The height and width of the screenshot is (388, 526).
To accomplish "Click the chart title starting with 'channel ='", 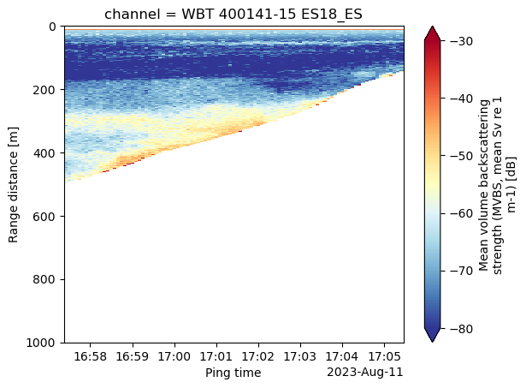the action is pyautogui.click(x=233, y=14).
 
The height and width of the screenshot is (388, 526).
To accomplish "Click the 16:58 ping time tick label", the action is pyautogui.click(x=91, y=356).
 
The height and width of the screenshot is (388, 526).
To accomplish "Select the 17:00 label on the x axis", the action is pyautogui.click(x=174, y=356).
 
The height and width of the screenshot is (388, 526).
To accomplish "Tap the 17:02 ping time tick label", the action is pyautogui.click(x=258, y=356).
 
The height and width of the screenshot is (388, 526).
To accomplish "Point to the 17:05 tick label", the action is pyautogui.click(x=384, y=356).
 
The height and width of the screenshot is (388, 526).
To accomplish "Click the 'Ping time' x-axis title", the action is pyautogui.click(x=233, y=373).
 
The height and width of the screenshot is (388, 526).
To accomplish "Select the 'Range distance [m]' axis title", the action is pyautogui.click(x=13, y=185).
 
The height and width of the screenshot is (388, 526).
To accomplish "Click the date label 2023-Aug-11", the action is pyautogui.click(x=365, y=373).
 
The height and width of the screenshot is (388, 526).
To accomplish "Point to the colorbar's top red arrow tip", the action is pyautogui.click(x=433, y=26).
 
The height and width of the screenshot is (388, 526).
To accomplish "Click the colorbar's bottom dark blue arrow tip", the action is pyautogui.click(x=433, y=343).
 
